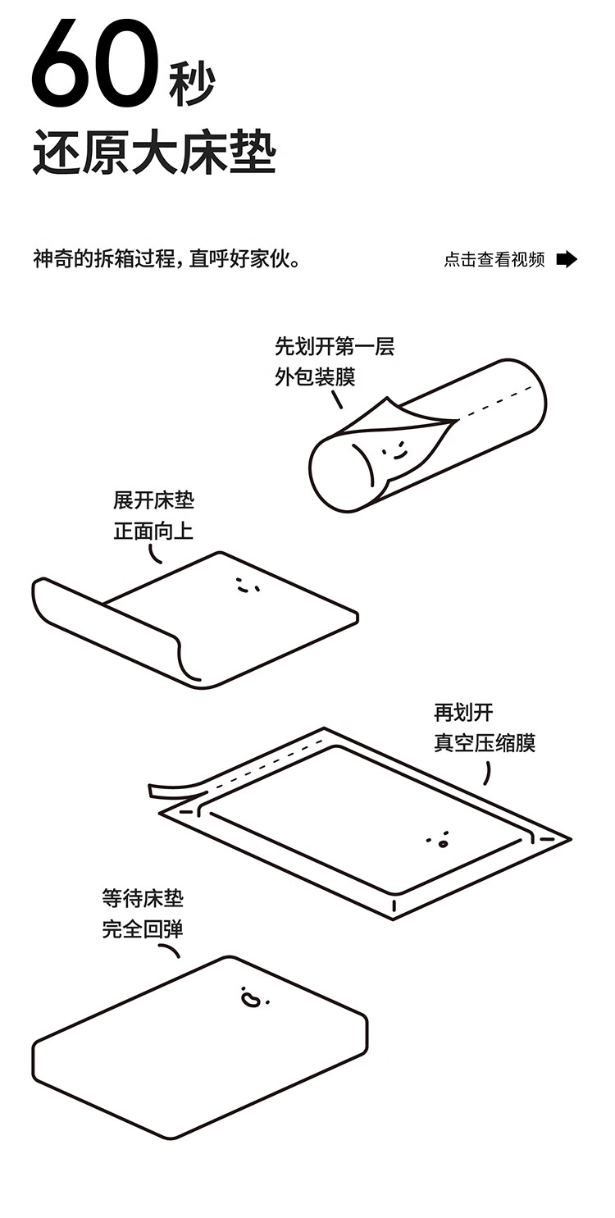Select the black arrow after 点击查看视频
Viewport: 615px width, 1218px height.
click(567, 259)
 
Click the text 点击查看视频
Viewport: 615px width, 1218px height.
click(494, 260)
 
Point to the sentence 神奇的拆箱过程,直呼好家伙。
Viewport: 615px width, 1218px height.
click(166, 259)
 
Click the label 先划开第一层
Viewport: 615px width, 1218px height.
click(335, 346)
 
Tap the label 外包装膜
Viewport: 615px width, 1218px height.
click(316, 376)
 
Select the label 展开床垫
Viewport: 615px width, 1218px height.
click(153, 500)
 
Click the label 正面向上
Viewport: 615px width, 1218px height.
click(153, 531)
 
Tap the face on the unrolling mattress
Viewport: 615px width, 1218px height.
click(245, 586)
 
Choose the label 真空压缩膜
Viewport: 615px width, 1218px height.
click(485, 743)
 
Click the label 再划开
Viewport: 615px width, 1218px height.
click(463, 713)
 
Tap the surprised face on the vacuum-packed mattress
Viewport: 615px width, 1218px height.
click(440, 841)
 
